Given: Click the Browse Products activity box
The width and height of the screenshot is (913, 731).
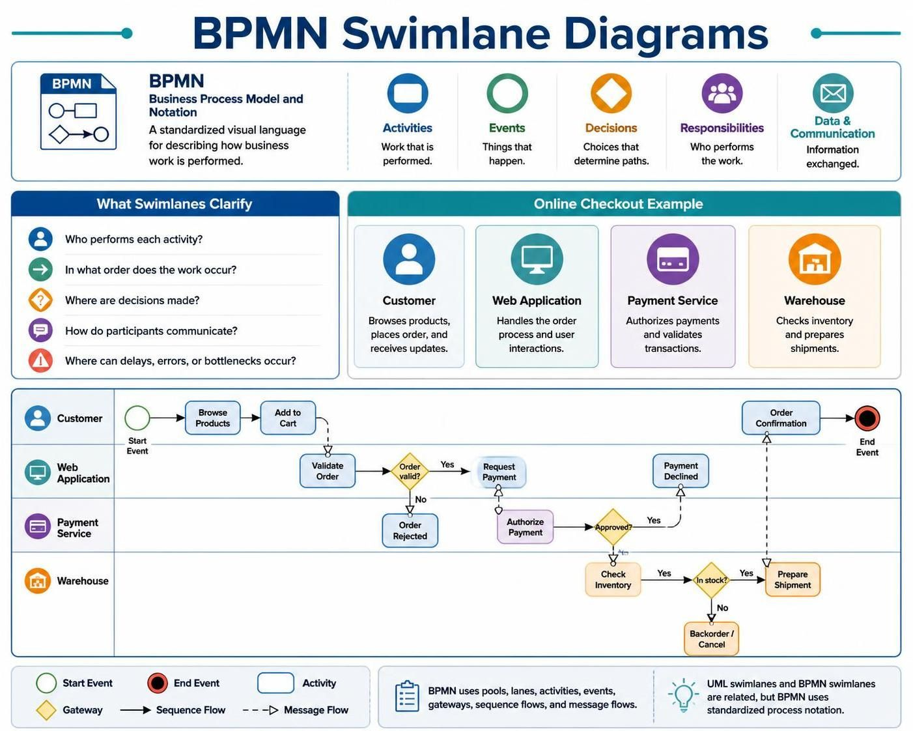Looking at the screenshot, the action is point(212,418).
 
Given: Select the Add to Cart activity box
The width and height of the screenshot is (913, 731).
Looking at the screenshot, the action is point(288,418).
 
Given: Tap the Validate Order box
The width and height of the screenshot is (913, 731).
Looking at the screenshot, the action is point(327,471).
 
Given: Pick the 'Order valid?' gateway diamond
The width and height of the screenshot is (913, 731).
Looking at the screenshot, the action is point(410,471).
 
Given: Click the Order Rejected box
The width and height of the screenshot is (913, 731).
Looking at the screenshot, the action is point(410,530).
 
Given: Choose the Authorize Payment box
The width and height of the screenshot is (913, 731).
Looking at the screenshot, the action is point(526,527).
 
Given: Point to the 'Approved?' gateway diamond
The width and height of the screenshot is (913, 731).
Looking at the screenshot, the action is point(613,527).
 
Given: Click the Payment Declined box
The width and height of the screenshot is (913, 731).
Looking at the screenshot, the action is point(681,471).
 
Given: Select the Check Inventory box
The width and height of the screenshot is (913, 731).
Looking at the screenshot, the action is point(613,579).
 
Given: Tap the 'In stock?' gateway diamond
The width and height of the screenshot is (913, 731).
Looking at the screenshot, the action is point(712,580).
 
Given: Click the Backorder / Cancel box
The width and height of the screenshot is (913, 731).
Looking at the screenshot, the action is point(712,639).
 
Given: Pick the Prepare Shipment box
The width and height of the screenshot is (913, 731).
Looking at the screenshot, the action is point(793,579).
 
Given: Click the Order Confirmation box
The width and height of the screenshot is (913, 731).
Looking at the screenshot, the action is point(781,418).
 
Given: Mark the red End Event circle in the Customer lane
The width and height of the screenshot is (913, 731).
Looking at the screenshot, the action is point(867,418).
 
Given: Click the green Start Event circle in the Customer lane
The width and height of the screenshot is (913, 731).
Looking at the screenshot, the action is point(137,418).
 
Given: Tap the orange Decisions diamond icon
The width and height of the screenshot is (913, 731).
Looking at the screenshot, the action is point(611,93).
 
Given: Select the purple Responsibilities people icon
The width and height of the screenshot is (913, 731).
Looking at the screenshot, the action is point(722,93).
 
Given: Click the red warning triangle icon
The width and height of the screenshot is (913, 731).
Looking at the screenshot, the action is point(41,360).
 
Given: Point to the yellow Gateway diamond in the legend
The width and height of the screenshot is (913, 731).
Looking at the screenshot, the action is point(46,710).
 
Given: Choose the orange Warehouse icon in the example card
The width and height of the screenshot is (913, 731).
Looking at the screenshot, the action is point(815,259).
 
